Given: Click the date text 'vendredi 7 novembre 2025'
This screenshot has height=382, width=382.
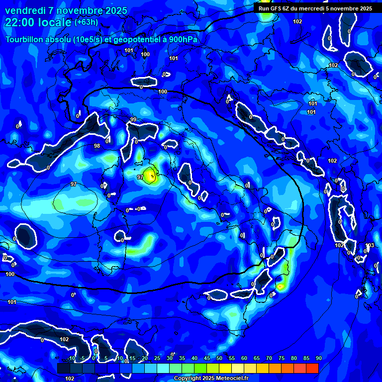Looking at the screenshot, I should point(66,10).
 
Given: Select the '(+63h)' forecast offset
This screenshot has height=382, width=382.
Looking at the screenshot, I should point(86,22).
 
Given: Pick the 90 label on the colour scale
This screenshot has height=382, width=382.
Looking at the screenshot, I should point(318,358).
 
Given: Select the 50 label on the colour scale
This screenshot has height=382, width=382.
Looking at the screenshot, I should point(219,358).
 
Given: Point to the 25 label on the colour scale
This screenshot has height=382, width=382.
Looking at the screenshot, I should point(157,358).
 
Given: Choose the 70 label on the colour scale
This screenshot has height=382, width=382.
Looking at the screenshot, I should point(269,358).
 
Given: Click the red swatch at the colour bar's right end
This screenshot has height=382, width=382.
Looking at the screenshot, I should point(312,368).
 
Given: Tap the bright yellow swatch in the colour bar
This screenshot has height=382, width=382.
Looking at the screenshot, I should point(225,368).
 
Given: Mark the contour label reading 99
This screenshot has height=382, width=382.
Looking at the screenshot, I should point(133,120).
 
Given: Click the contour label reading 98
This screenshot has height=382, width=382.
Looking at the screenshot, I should point(97,146).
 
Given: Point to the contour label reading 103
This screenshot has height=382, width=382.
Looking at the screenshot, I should point(370,246).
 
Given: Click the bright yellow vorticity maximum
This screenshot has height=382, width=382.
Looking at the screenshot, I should point(149,176).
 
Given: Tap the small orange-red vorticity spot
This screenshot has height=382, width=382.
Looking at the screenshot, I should point(281,287).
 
